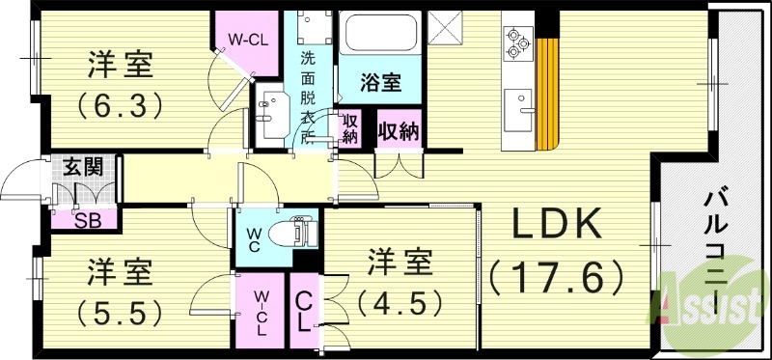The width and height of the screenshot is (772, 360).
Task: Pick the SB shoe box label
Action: tap(88, 217)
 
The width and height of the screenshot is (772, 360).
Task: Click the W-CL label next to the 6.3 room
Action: tap(246, 40)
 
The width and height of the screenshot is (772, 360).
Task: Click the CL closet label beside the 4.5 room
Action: tap(303, 311)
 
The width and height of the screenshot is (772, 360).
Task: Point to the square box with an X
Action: tap(446, 27)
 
